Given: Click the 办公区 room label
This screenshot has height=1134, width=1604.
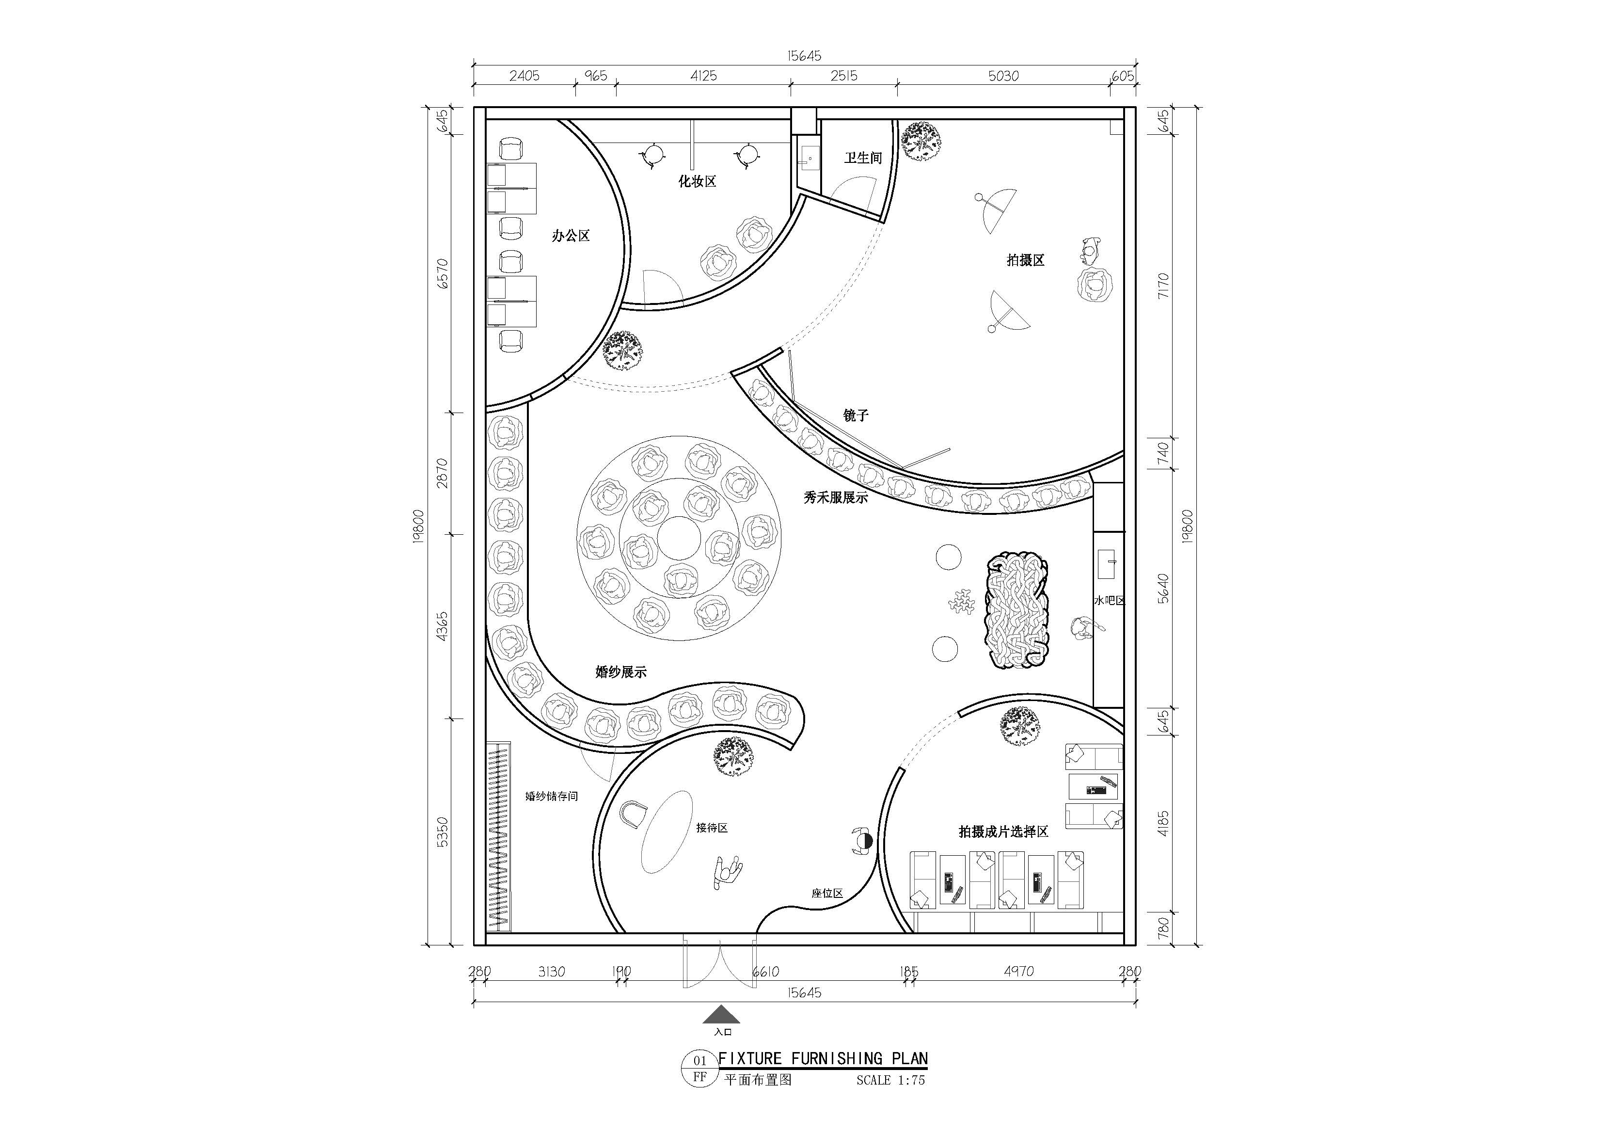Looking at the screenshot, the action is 571,236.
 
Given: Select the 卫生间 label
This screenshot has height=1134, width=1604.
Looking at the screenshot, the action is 863,159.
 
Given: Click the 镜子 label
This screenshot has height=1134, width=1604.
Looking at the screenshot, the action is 856,415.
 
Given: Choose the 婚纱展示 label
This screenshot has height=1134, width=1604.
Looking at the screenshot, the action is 621,672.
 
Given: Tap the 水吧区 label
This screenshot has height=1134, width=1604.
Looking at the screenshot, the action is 1110,600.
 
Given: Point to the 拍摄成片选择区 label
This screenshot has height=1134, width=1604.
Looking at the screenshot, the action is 1003,832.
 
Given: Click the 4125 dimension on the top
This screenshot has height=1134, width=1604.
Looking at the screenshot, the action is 703,76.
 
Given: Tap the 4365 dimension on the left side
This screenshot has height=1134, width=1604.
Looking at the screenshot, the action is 442,627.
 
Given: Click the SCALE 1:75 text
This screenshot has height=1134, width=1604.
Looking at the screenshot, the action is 891,1080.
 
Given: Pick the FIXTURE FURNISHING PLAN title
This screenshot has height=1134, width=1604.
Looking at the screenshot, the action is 824,1058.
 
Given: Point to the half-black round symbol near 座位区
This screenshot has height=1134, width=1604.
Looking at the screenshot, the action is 863,841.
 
